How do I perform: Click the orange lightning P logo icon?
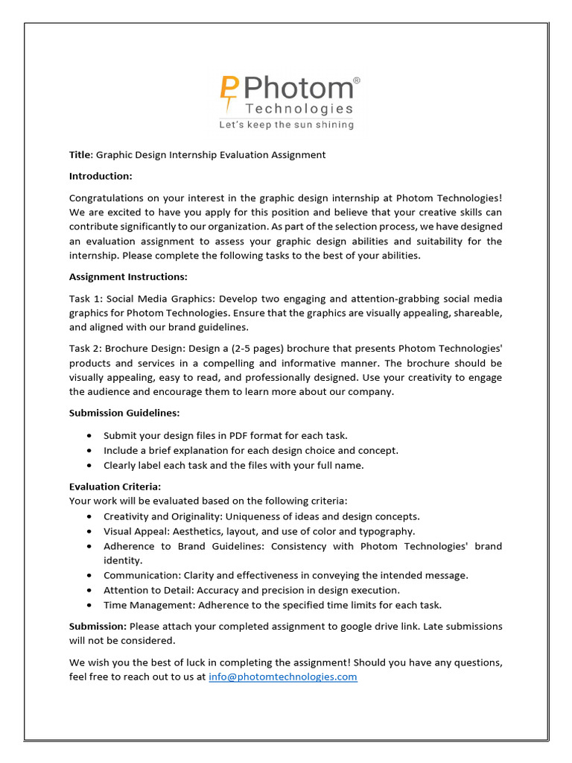[x=229, y=92]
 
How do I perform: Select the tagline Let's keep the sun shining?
[x=286, y=125]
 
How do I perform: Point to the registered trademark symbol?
[x=356, y=80]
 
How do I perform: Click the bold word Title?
[x=79, y=155]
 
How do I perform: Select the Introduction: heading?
[x=101, y=176]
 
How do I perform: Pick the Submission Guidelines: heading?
[x=124, y=412]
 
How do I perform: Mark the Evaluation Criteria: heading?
[x=115, y=487]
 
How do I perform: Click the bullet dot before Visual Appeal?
[x=90, y=531]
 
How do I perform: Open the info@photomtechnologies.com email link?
[x=283, y=677]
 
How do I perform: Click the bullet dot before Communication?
[x=90, y=575]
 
